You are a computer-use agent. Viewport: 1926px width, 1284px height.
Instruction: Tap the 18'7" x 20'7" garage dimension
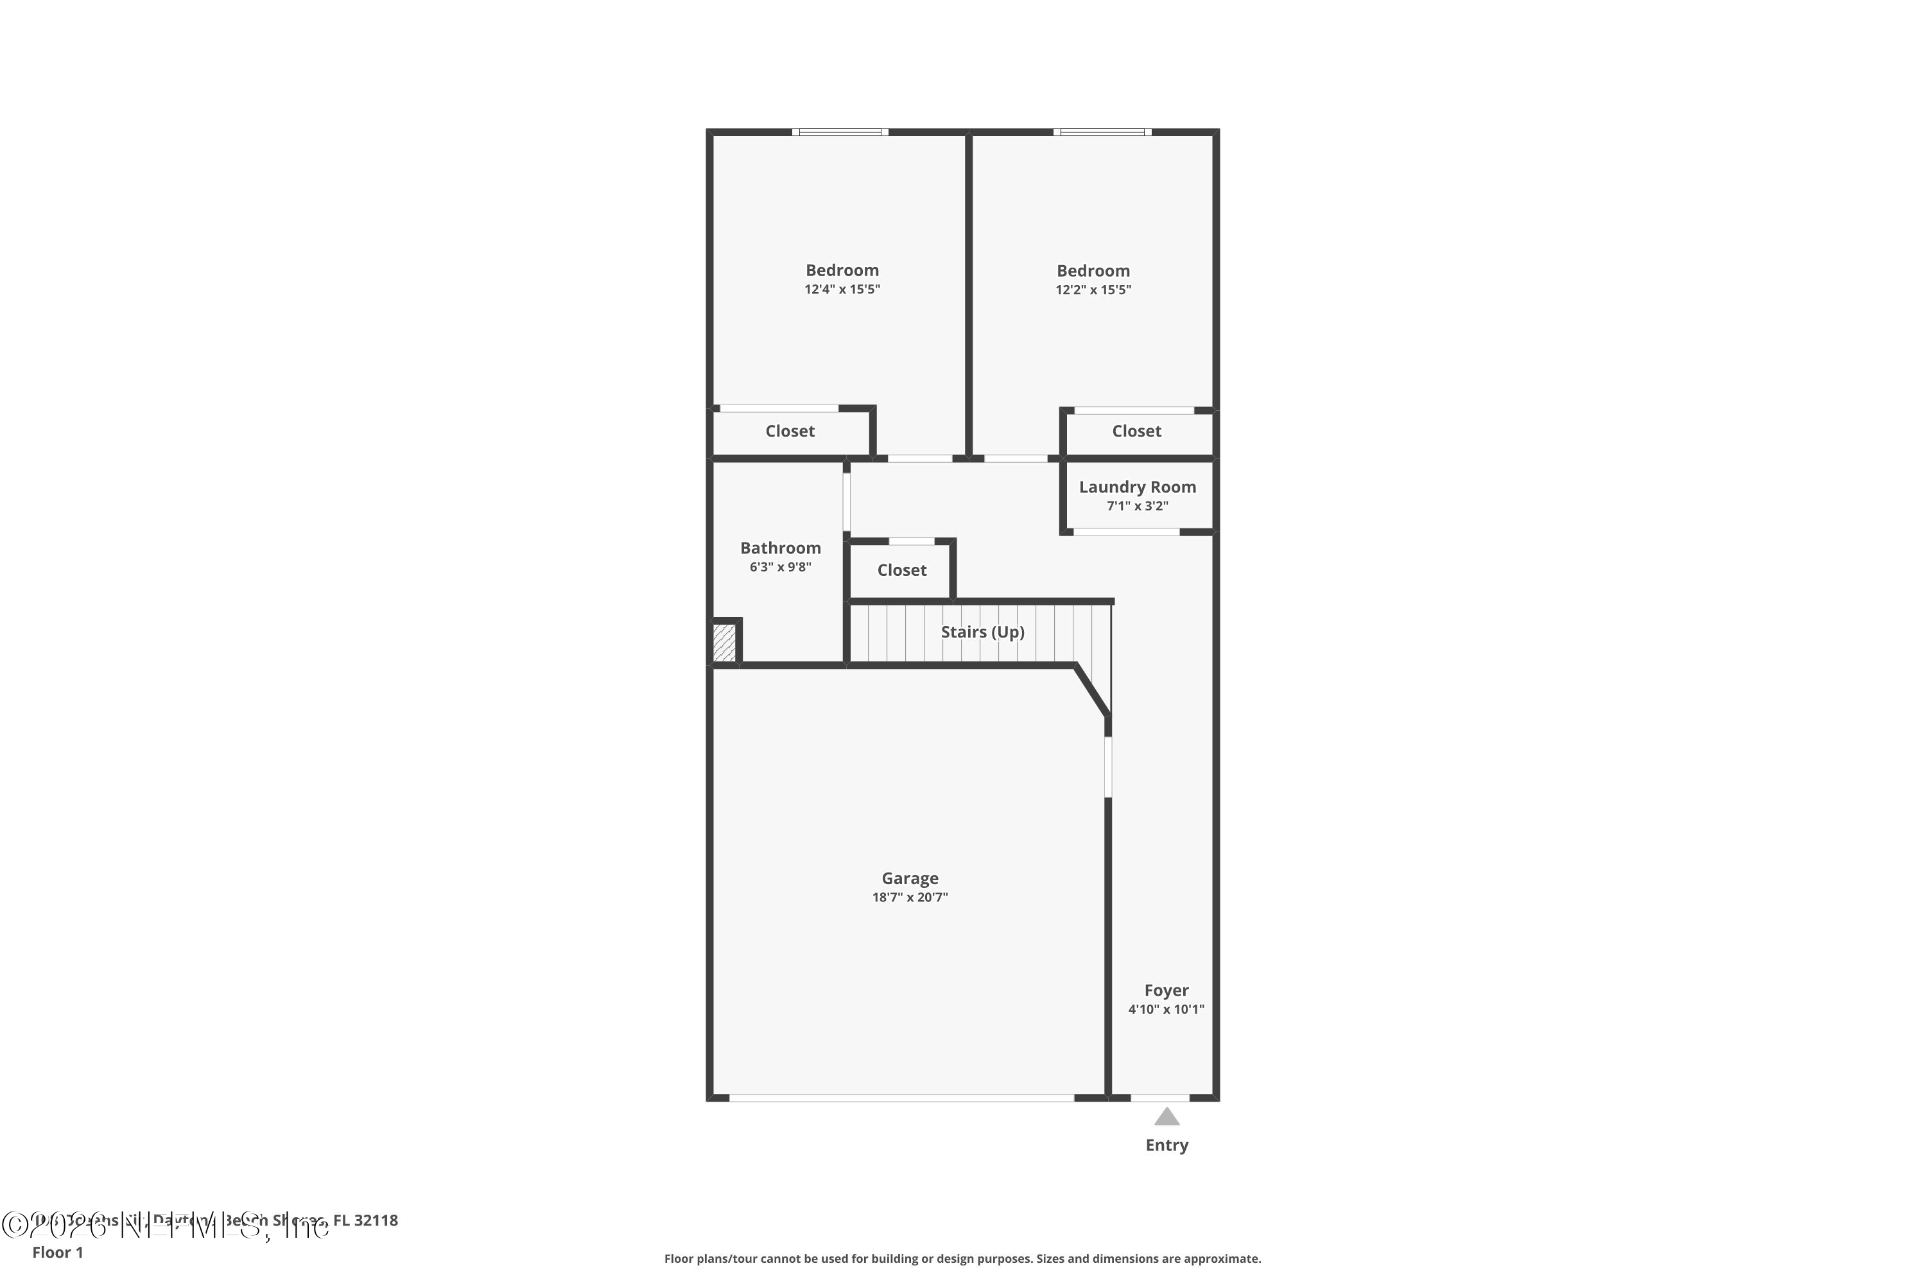point(910,898)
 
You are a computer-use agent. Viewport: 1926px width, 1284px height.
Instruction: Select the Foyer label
point(1166,990)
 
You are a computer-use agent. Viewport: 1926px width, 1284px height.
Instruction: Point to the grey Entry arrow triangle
point(1167,1117)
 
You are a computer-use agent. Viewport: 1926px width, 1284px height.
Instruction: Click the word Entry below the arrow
point(1167,1145)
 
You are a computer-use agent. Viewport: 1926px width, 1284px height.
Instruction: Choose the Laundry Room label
point(1138,487)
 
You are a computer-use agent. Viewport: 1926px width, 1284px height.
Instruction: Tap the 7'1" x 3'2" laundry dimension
point(1138,506)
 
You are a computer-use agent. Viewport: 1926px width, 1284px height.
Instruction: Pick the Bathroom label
point(781,548)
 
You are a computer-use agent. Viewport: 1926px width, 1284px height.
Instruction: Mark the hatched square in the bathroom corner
point(725,643)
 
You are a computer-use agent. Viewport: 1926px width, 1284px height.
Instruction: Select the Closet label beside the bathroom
point(901,570)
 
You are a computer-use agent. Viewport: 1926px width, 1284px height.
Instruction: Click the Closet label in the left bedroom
point(790,431)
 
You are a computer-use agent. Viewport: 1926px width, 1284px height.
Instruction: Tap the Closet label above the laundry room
point(1136,431)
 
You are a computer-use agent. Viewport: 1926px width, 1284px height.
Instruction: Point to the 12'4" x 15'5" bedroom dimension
point(842,289)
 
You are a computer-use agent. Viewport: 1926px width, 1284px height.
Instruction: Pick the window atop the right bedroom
point(1102,132)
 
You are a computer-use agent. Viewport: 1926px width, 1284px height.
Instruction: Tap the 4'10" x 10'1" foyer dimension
point(1166,1010)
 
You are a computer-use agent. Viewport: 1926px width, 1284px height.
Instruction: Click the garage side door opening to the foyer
point(1108,767)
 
